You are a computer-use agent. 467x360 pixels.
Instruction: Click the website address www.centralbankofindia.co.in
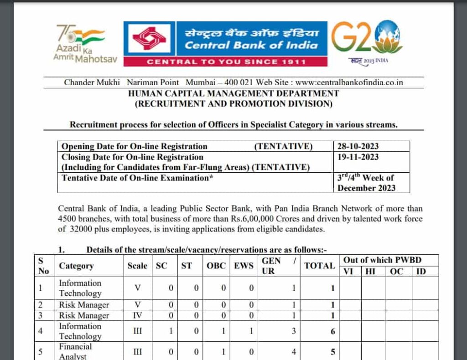(x=349, y=82)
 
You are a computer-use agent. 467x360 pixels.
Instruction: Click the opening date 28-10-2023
(x=358, y=146)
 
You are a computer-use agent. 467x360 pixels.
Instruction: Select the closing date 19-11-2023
(x=358, y=157)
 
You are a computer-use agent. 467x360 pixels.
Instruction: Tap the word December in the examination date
(x=356, y=188)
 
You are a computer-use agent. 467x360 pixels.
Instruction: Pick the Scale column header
(x=137, y=266)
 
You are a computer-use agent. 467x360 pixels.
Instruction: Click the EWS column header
(x=244, y=266)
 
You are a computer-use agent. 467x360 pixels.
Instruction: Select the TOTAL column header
(x=319, y=266)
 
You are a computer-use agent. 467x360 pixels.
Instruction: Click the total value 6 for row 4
(x=333, y=331)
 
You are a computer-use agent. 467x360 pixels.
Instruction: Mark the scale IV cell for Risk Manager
(x=138, y=315)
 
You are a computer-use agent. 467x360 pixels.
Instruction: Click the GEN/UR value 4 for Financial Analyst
(x=293, y=351)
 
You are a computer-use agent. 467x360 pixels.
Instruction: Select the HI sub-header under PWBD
(x=374, y=272)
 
